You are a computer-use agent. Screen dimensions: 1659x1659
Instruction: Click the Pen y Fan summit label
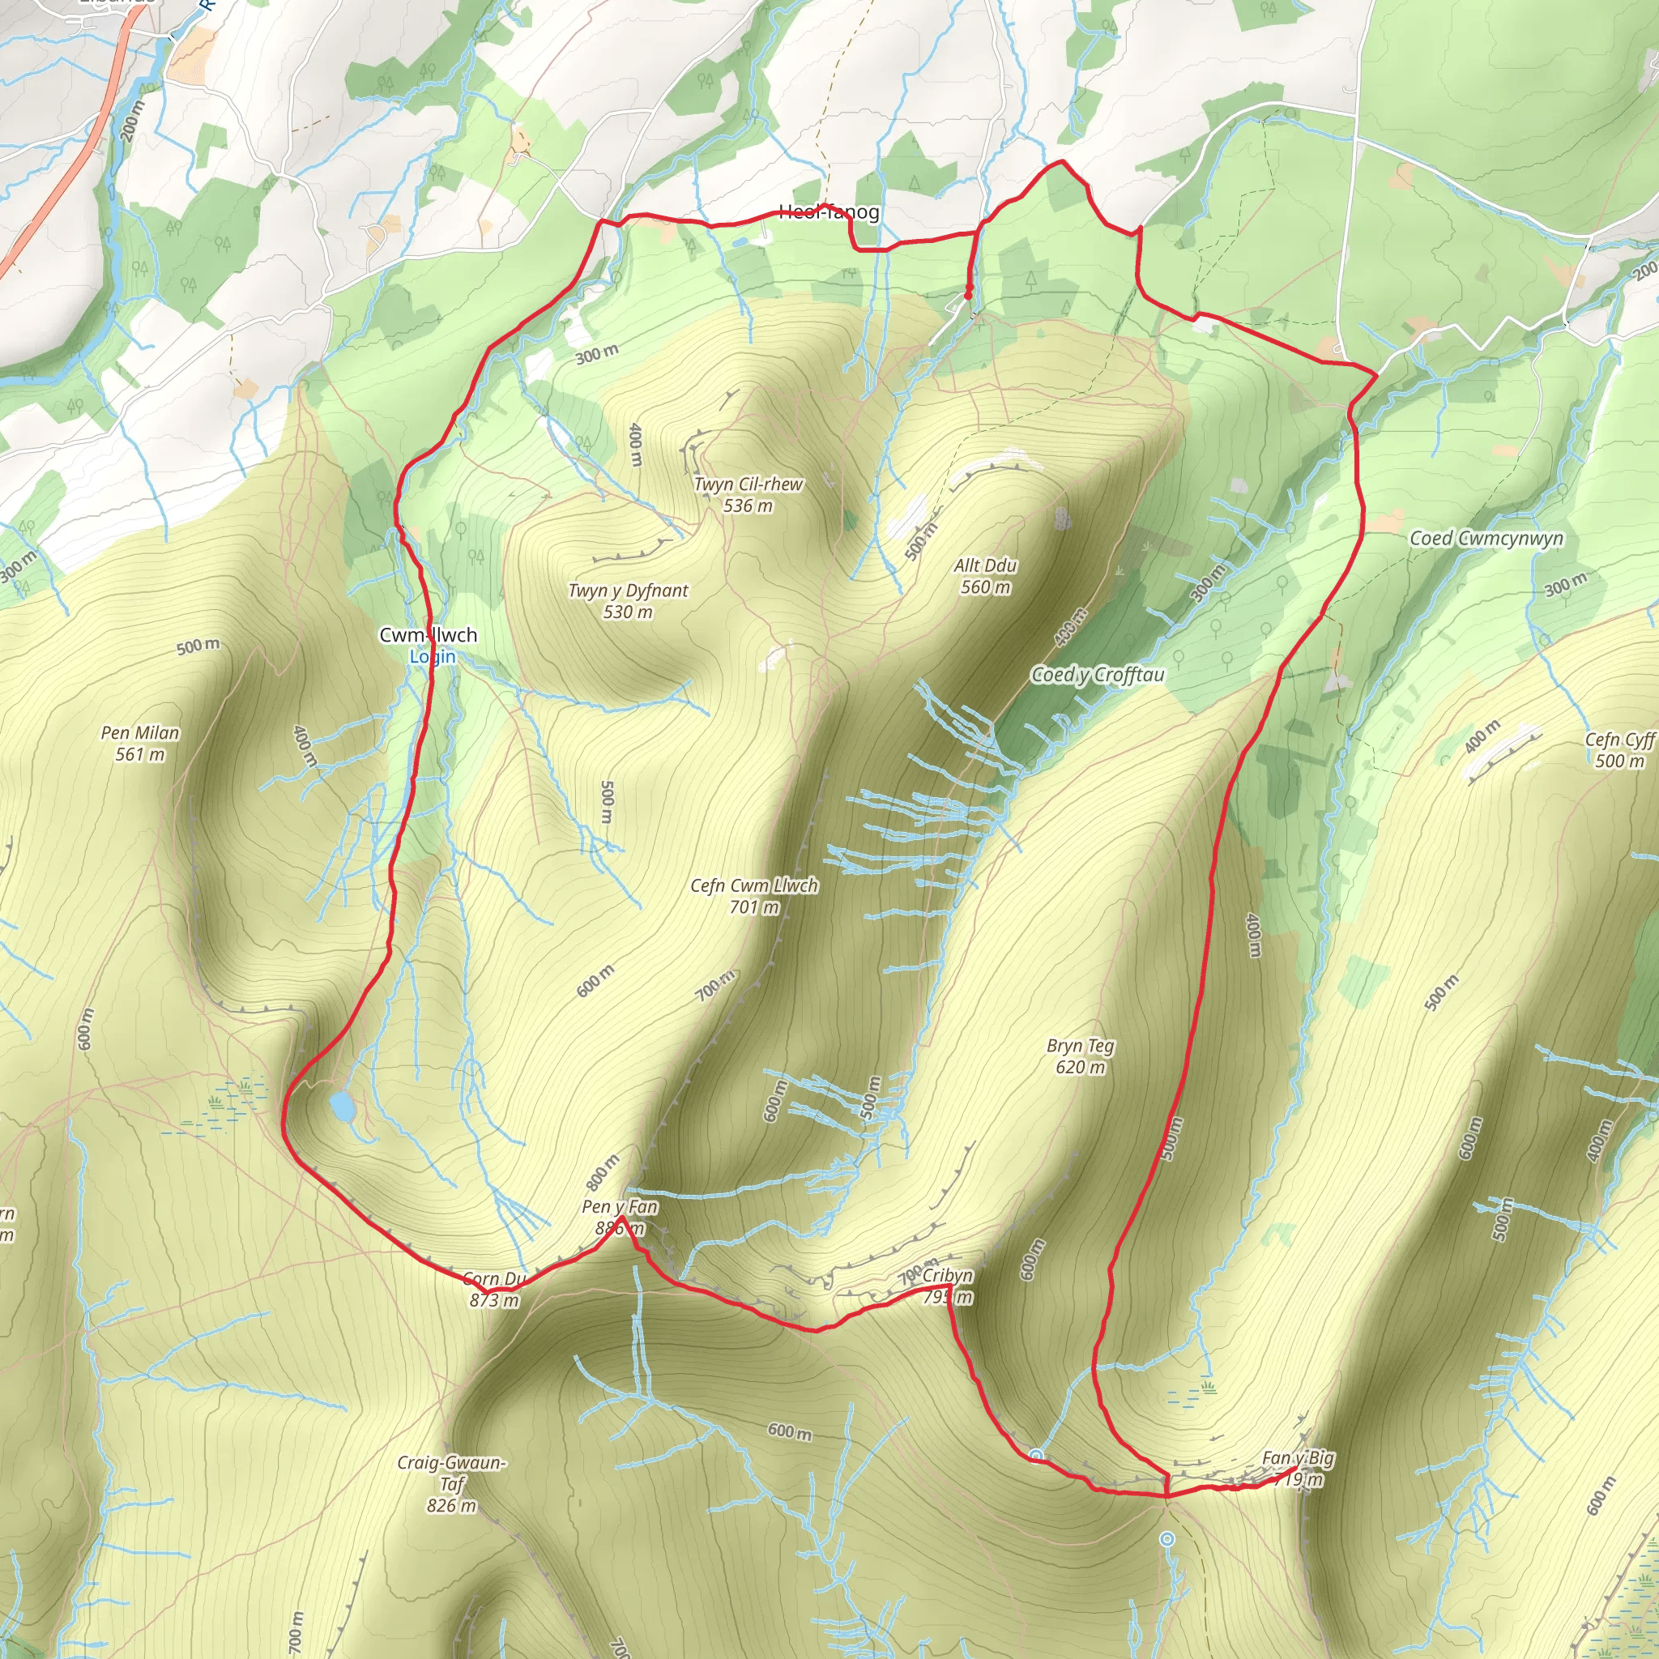[619, 1206]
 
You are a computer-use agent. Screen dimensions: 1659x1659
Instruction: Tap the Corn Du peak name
[494, 1278]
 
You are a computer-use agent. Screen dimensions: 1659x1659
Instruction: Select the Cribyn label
[947, 1275]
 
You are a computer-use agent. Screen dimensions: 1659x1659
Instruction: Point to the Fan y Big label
[1298, 1458]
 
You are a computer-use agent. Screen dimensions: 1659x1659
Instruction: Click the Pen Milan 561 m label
[140, 744]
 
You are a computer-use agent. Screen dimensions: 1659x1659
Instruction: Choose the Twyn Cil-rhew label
[748, 484]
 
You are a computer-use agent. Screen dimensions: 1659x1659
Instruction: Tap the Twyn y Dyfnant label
[628, 591]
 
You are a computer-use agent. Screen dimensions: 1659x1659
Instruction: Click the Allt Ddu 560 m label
[985, 576]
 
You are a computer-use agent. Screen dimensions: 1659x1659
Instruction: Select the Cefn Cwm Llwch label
[754, 885]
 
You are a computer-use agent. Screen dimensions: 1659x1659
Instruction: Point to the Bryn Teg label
[1081, 1046]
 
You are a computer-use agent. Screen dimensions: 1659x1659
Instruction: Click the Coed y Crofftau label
[1098, 675]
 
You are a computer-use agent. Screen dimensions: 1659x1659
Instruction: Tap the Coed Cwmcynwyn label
[1486, 539]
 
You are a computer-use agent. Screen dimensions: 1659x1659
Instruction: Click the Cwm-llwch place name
[428, 635]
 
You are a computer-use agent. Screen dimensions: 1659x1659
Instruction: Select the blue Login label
[432, 657]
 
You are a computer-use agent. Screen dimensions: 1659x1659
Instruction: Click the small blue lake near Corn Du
[342, 1107]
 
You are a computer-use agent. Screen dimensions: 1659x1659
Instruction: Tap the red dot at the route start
[968, 296]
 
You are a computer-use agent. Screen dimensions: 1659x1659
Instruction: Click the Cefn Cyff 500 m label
[1619, 750]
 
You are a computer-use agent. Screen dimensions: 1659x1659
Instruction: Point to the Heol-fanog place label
[829, 212]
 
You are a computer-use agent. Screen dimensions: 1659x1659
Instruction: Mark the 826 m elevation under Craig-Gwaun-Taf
[451, 1505]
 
